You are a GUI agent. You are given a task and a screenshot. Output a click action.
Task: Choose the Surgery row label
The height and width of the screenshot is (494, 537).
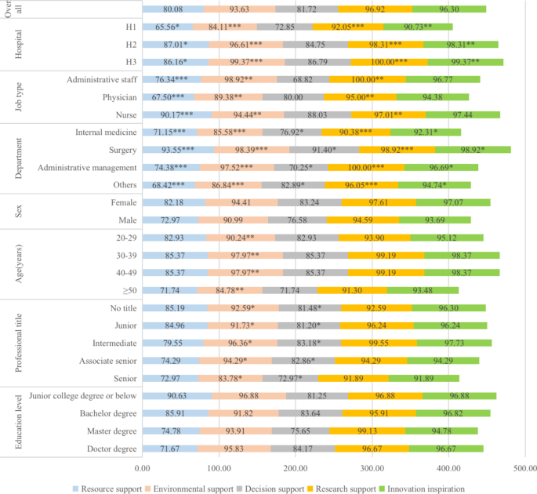pos(123,149)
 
